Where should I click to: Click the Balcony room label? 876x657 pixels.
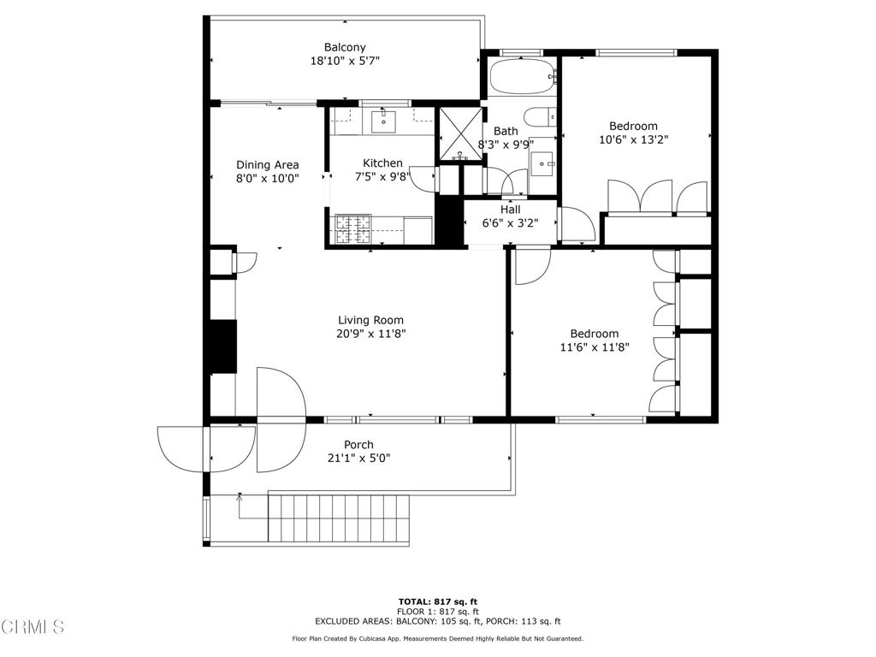click(x=345, y=48)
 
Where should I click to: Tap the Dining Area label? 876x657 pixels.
click(x=268, y=165)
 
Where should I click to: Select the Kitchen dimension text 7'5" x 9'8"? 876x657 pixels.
click(x=382, y=177)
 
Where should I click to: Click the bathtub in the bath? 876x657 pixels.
click(x=522, y=76)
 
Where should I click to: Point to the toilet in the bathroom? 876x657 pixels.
click(x=540, y=117)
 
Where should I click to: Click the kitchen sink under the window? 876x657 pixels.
click(x=383, y=121)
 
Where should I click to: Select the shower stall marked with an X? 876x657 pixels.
click(x=461, y=134)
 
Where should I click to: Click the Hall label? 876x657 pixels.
click(x=511, y=210)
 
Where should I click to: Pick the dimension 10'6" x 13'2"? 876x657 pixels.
click(x=634, y=139)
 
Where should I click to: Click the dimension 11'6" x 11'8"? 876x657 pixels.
click(x=595, y=347)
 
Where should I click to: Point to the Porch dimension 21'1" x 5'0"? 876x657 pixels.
click(x=358, y=459)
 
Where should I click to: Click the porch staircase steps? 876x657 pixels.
click(x=339, y=517)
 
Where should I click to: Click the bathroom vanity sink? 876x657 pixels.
click(x=542, y=164)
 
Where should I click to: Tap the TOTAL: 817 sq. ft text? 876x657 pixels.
click(x=438, y=601)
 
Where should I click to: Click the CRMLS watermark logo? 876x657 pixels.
click(x=33, y=626)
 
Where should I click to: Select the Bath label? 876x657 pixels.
click(x=506, y=131)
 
